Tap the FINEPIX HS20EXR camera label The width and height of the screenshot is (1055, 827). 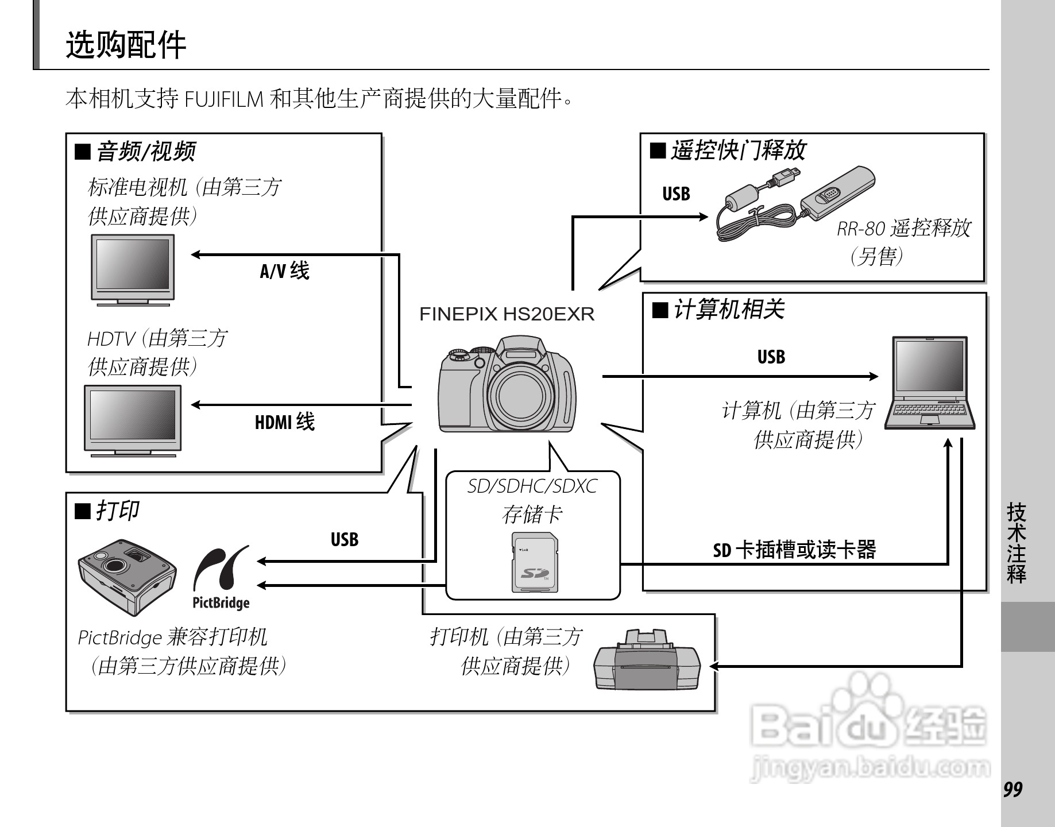pyautogui.click(x=507, y=314)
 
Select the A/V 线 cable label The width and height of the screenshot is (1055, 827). pyautogui.click(x=284, y=270)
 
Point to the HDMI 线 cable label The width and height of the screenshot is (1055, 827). pyautogui.click(x=284, y=422)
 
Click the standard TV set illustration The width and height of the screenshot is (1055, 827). pyautogui.click(x=133, y=269)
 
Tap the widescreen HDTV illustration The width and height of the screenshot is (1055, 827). pyautogui.click(x=133, y=420)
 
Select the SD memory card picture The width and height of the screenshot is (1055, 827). pyautogui.click(x=534, y=562)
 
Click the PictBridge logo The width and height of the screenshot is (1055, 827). pyautogui.click(x=221, y=577)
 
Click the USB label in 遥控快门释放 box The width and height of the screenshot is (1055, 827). pyautogui.click(x=676, y=194)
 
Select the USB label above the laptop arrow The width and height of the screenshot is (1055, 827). pyautogui.click(x=771, y=357)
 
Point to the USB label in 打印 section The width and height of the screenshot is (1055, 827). pyautogui.click(x=344, y=539)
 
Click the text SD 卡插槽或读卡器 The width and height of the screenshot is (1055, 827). pyautogui.click(x=794, y=550)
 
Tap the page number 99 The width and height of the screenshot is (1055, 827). pyautogui.click(x=1013, y=790)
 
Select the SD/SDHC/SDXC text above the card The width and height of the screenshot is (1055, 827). pyautogui.click(x=532, y=486)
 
